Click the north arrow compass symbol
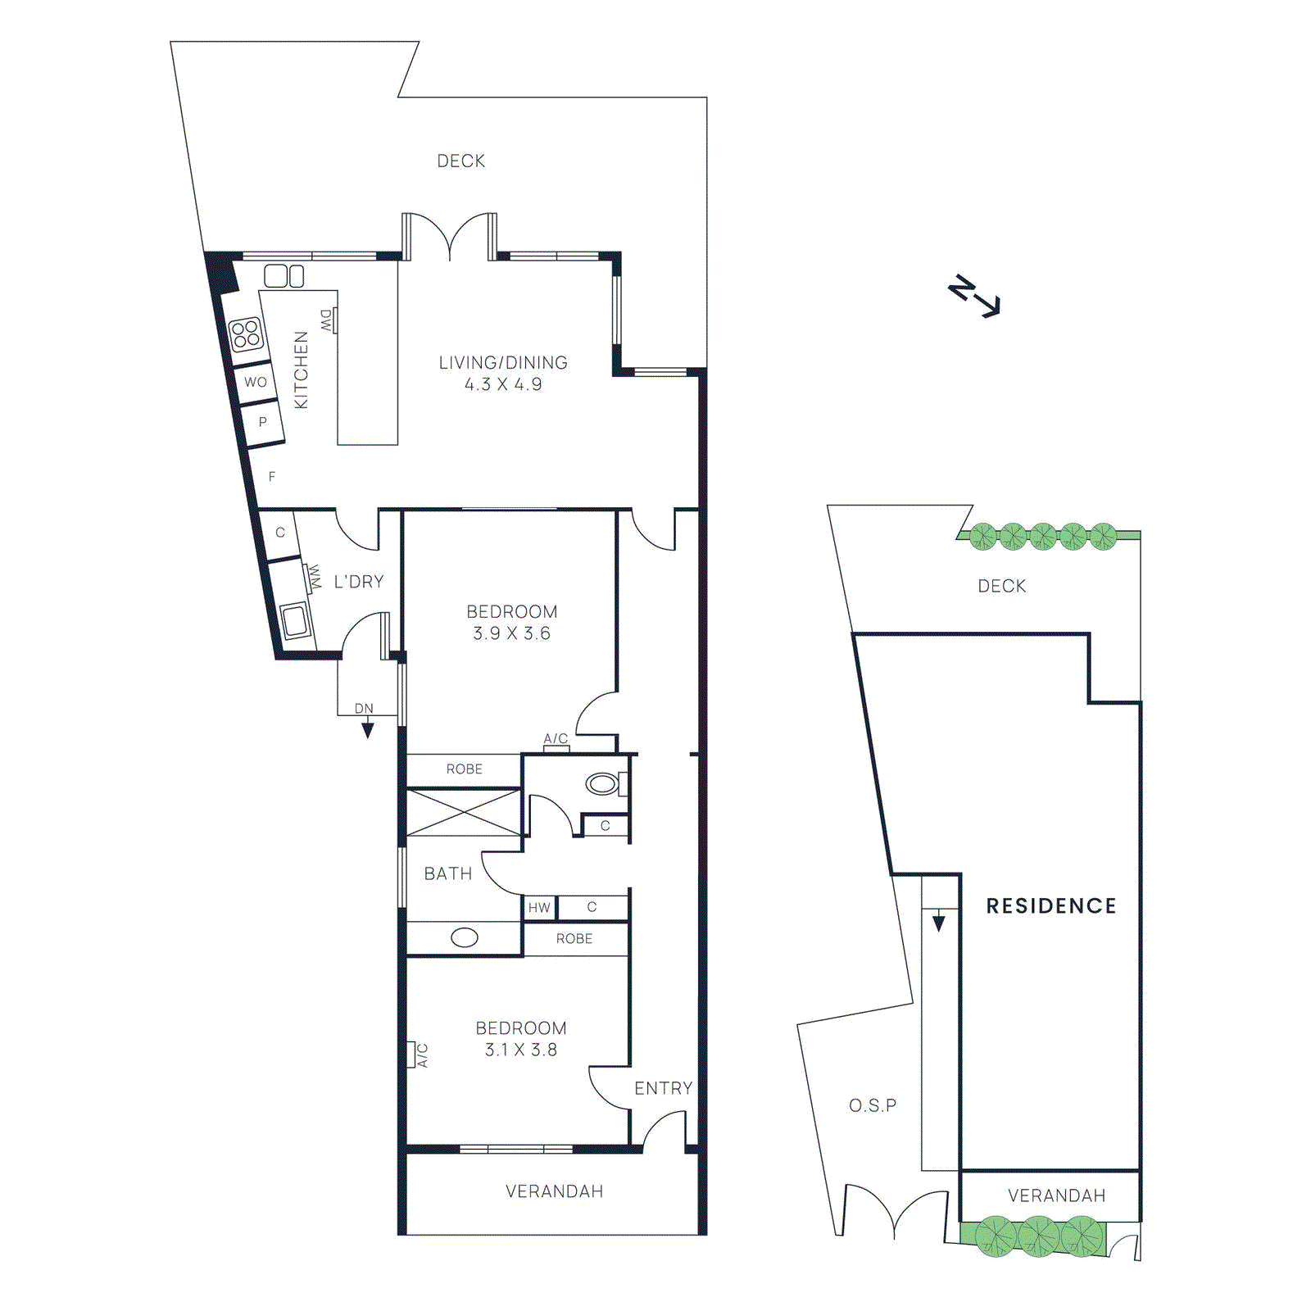click(973, 297)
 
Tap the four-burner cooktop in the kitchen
click(245, 334)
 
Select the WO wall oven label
click(256, 382)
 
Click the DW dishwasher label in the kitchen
click(327, 320)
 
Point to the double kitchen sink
click(284, 275)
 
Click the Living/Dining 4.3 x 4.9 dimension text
click(503, 384)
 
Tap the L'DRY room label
click(359, 582)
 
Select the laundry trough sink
click(293, 620)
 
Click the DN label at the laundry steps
click(364, 709)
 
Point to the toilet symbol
click(603, 784)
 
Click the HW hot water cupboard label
click(539, 908)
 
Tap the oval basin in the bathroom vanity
click(465, 937)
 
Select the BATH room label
click(448, 874)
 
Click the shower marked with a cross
click(463, 812)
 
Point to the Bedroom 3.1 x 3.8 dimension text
click(521, 1050)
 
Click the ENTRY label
click(663, 1088)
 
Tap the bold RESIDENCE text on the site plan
click(1051, 906)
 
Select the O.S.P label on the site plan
click(873, 1105)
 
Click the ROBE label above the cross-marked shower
click(464, 769)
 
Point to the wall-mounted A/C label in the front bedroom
click(422, 1055)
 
